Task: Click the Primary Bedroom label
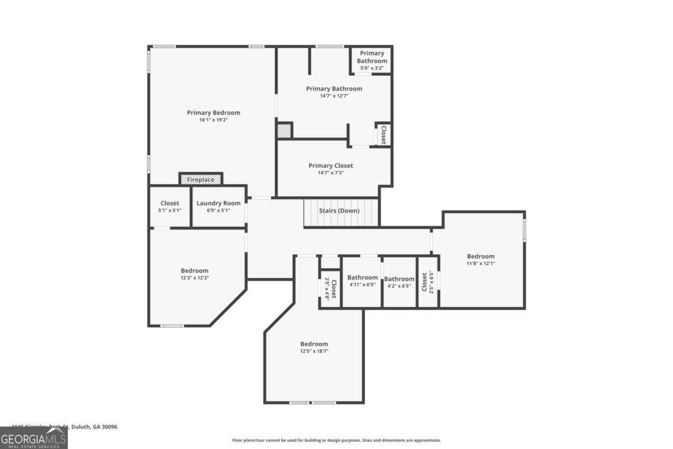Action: pyautogui.click(x=213, y=113)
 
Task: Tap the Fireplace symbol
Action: pyautogui.click(x=201, y=180)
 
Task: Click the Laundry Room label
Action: pyautogui.click(x=218, y=203)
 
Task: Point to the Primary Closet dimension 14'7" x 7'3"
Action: pyautogui.click(x=330, y=173)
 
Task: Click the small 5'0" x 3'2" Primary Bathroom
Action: pyautogui.click(x=372, y=61)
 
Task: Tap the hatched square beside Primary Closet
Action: pyautogui.click(x=284, y=131)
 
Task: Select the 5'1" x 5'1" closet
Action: pyautogui.click(x=169, y=207)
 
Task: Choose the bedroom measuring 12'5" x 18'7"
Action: pyautogui.click(x=314, y=347)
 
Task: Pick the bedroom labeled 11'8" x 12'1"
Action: pyautogui.click(x=481, y=260)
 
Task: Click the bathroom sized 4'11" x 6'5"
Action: pyautogui.click(x=362, y=281)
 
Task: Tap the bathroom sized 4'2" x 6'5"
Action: pyautogui.click(x=399, y=282)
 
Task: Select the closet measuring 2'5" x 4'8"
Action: pyautogui.click(x=330, y=289)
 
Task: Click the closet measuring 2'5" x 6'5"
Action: pyautogui.click(x=427, y=282)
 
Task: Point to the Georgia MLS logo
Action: pyautogui.click(x=34, y=438)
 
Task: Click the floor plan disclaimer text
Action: pyautogui.click(x=336, y=441)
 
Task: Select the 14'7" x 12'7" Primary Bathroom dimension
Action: pyautogui.click(x=334, y=96)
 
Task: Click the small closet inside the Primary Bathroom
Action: pyautogui.click(x=383, y=135)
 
